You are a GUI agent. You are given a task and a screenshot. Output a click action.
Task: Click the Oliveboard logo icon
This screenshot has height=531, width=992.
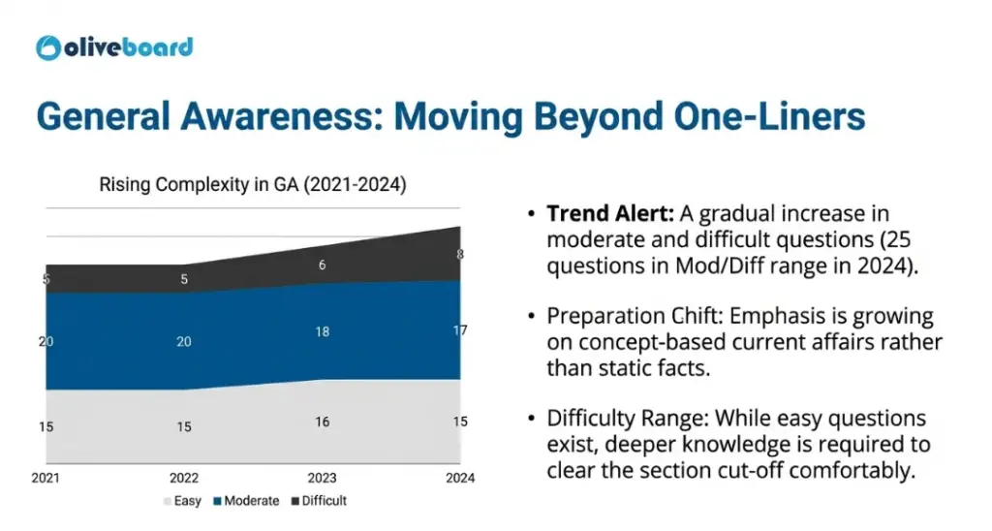coord(48,48)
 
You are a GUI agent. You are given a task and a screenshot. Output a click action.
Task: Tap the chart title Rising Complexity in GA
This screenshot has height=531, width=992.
coord(253,184)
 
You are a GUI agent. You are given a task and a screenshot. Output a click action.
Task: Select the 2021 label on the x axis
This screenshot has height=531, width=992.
coord(46,478)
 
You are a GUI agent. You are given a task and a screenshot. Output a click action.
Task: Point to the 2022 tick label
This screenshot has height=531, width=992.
coord(183,478)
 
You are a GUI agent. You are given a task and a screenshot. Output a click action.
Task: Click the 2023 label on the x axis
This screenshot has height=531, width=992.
coord(322,478)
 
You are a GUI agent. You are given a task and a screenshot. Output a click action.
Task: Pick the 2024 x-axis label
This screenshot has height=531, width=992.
coord(460,478)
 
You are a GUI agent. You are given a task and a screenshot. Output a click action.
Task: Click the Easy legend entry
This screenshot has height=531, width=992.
coord(182,501)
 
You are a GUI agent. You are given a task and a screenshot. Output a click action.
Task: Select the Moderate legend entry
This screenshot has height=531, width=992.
coord(246,501)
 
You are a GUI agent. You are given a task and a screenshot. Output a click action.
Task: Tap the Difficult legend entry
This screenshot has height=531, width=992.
coord(319,501)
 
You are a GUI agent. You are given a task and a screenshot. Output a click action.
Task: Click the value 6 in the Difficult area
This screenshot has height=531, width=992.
coord(322,265)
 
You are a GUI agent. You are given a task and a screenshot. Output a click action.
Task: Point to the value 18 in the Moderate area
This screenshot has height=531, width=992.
coord(322,331)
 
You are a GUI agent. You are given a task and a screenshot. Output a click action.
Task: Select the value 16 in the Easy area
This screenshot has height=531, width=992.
coord(322,422)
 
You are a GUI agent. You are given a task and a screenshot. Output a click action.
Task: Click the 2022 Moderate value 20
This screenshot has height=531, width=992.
coord(183,342)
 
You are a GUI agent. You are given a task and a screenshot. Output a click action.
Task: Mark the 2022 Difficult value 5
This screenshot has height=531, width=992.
coord(184,279)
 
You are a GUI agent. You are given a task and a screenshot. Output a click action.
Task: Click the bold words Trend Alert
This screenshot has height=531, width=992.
coord(610,214)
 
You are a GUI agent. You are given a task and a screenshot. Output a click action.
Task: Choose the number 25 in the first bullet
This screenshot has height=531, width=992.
coord(897,240)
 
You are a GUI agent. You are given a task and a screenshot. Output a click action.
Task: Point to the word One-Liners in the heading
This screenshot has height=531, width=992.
coord(769,116)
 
